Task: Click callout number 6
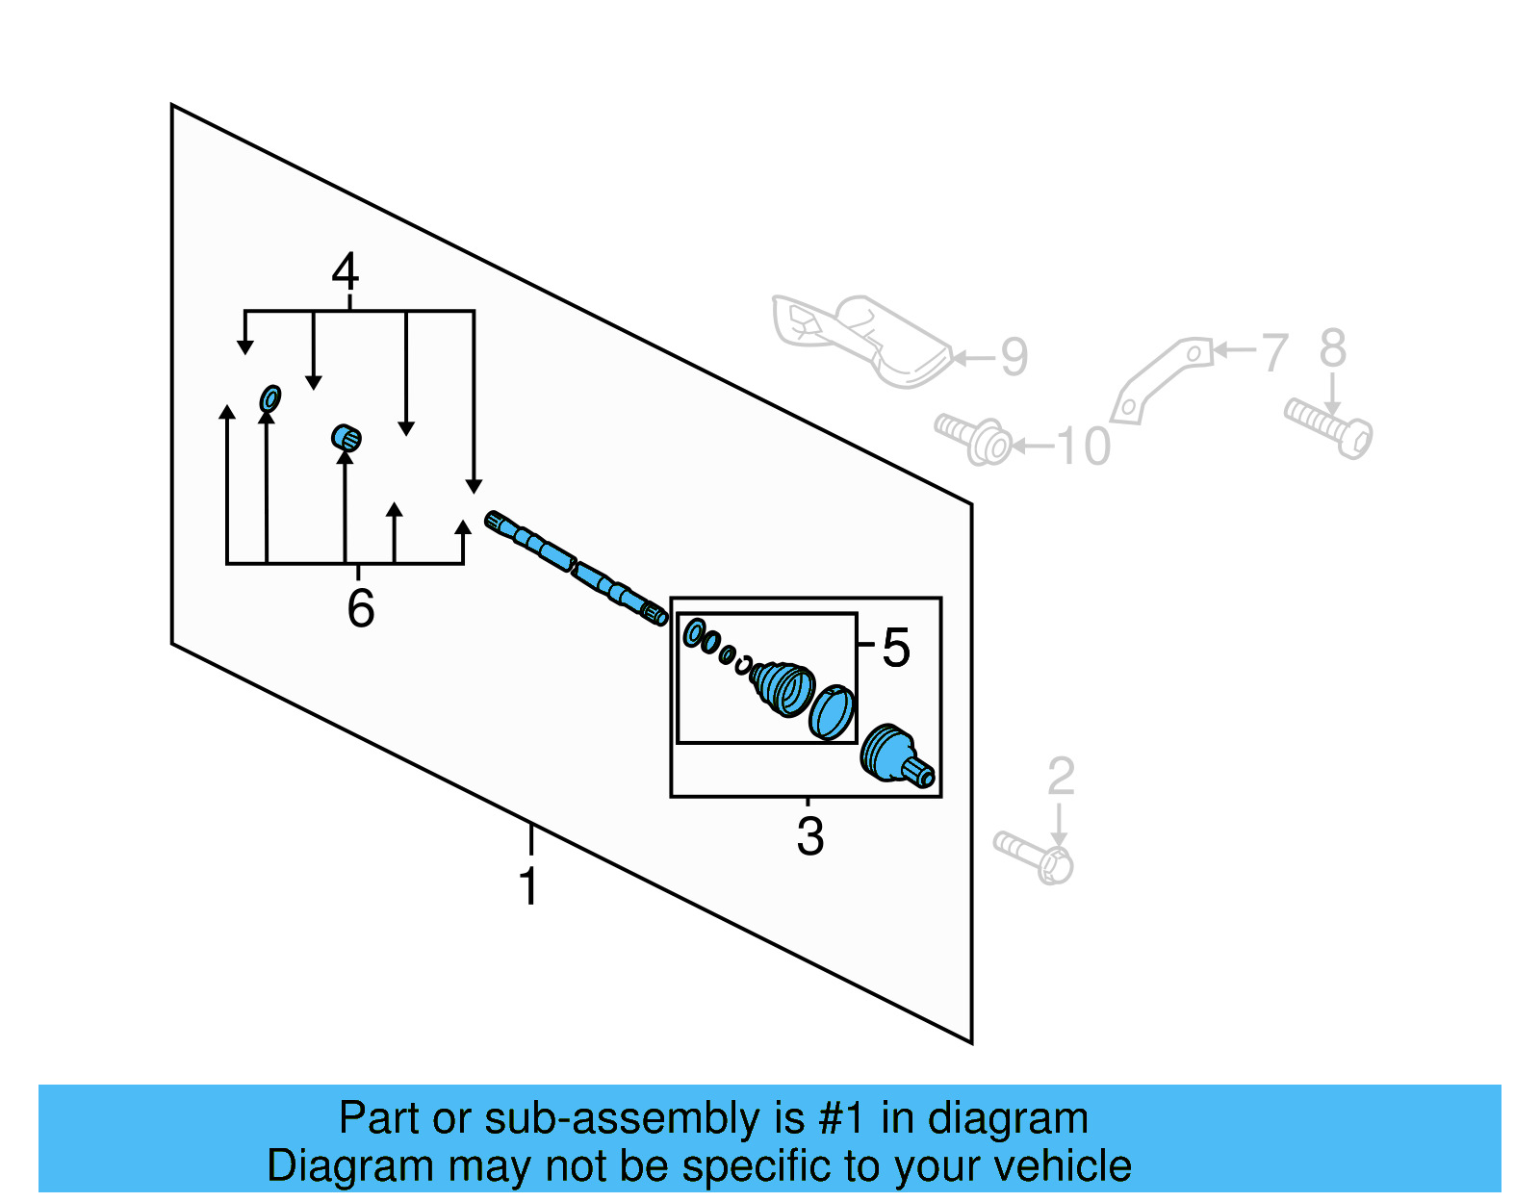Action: point(360,608)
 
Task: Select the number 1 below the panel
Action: point(528,886)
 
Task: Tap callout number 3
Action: point(809,836)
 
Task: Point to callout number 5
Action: point(896,648)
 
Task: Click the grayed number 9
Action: point(1014,357)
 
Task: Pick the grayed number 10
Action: point(1083,447)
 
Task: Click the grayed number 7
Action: point(1274,352)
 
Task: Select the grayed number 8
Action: point(1333,348)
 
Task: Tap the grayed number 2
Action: point(1060,777)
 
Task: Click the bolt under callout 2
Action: point(1035,857)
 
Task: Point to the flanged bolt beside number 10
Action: point(974,439)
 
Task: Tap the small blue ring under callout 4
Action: point(270,397)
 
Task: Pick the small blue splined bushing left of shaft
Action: point(346,439)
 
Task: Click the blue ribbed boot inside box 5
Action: point(782,686)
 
